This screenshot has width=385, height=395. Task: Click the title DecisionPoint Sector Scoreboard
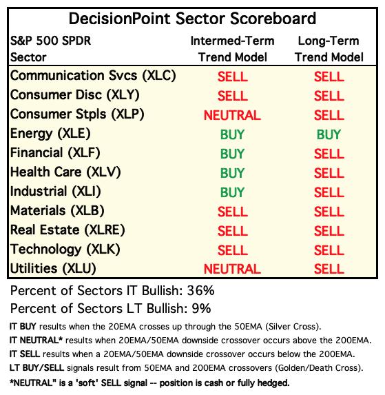point(192,19)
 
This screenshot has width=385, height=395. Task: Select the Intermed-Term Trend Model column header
point(232,49)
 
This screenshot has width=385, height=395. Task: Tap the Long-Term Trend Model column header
point(329,49)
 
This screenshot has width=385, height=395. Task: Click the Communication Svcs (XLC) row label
point(93,76)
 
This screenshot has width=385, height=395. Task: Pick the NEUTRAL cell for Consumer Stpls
point(232,115)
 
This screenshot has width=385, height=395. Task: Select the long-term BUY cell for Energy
point(329,134)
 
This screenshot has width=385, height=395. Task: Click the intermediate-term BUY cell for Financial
point(232,154)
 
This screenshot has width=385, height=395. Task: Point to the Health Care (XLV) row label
point(65,172)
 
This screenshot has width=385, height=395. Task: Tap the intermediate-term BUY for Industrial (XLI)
point(232,192)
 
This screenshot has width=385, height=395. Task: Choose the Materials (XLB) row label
point(57,211)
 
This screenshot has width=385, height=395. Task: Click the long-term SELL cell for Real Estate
point(329,231)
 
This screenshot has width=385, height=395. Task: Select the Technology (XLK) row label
point(65,250)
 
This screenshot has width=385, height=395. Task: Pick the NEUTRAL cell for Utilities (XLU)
point(232,269)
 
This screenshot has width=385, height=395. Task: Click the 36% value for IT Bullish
point(200,291)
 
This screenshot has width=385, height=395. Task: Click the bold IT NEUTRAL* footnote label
point(36,341)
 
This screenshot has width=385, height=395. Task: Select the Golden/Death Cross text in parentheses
point(318,368)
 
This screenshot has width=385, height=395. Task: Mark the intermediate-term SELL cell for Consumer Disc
point(233,96)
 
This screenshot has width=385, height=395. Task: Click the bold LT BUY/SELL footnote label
point(37,368)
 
